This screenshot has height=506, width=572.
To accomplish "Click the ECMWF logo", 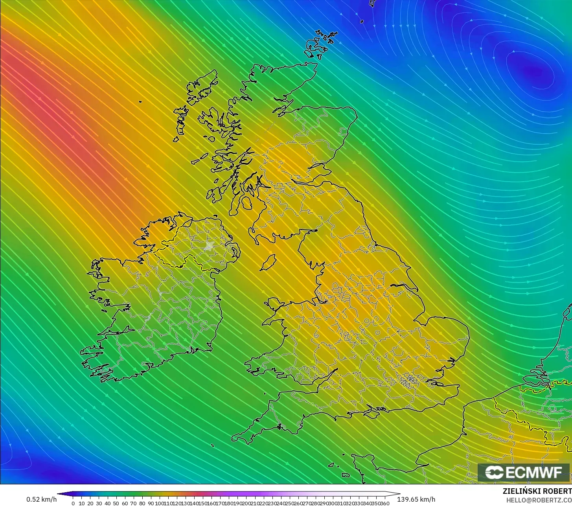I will (523, 473).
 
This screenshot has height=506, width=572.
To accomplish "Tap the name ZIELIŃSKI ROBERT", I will (537, 491).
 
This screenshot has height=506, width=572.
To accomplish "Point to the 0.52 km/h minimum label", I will (41, 499).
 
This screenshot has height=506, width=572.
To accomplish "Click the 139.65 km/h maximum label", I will (416, 499).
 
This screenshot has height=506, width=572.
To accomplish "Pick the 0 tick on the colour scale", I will (73, 503).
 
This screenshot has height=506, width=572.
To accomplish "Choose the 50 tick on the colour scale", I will (116, 503).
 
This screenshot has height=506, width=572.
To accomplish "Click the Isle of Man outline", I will (269, 262).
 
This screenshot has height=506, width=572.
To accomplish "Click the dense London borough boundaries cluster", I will (410, 379).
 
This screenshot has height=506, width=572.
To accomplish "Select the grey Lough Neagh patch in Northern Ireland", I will (209, 246).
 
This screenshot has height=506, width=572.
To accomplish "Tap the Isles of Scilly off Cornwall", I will (212, 445).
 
